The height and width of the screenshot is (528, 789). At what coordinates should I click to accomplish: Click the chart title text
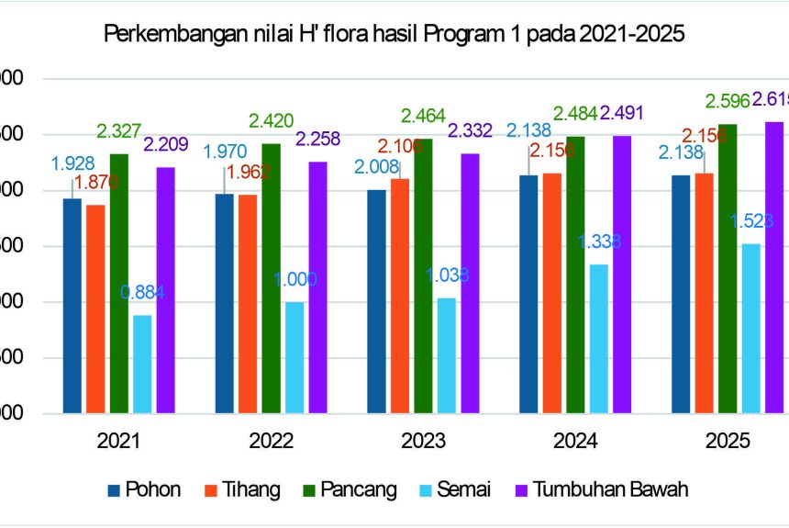click(394, 35)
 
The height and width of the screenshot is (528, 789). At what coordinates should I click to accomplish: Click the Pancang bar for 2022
click(271, 278)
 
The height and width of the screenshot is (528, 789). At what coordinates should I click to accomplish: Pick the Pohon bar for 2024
click(528, 294)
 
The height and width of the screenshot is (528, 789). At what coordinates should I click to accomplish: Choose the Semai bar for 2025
click(750, 328)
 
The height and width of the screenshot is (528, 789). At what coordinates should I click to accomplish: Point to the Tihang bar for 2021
click(95, 309)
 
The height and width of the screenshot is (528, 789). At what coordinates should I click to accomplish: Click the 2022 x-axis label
click(272, 441)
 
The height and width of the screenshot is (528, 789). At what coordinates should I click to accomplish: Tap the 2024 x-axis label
click(575, 441)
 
